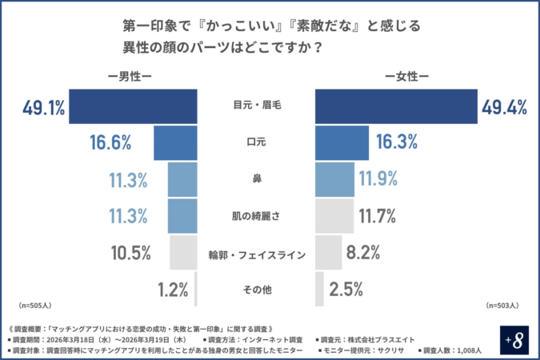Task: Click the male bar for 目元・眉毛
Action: coord(133,107)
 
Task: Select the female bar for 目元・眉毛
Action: coord(396,107)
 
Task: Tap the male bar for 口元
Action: coord(175,143)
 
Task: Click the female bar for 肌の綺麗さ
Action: coord(334,216)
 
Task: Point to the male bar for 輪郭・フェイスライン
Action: coord(184,253)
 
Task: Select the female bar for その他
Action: coord(320,289)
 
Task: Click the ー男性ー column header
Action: coord(129,77)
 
